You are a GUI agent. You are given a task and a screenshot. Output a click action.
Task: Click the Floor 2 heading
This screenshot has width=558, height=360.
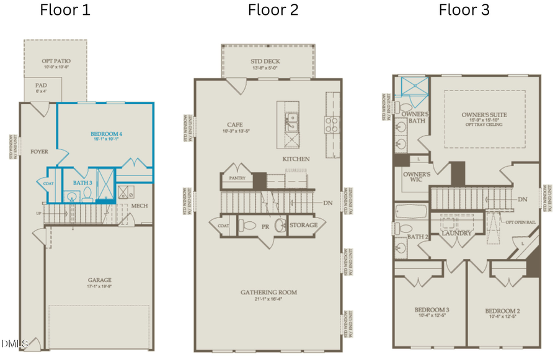273,10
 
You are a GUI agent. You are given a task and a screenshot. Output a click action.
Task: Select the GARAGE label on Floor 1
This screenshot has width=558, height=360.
100,280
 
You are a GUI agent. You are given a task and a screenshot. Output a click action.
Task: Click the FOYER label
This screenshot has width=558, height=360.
39,151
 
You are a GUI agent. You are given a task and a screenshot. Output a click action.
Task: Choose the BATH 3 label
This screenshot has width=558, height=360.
82,183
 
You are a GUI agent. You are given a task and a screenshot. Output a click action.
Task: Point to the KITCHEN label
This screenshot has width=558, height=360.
296,159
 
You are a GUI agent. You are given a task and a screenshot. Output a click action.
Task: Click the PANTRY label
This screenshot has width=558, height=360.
237,178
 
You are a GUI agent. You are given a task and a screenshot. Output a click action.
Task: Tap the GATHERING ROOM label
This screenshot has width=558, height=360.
269,292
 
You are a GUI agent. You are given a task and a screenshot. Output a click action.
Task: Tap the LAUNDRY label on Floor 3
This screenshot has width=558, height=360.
457,233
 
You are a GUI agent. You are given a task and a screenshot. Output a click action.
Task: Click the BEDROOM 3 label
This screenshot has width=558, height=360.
432,310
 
